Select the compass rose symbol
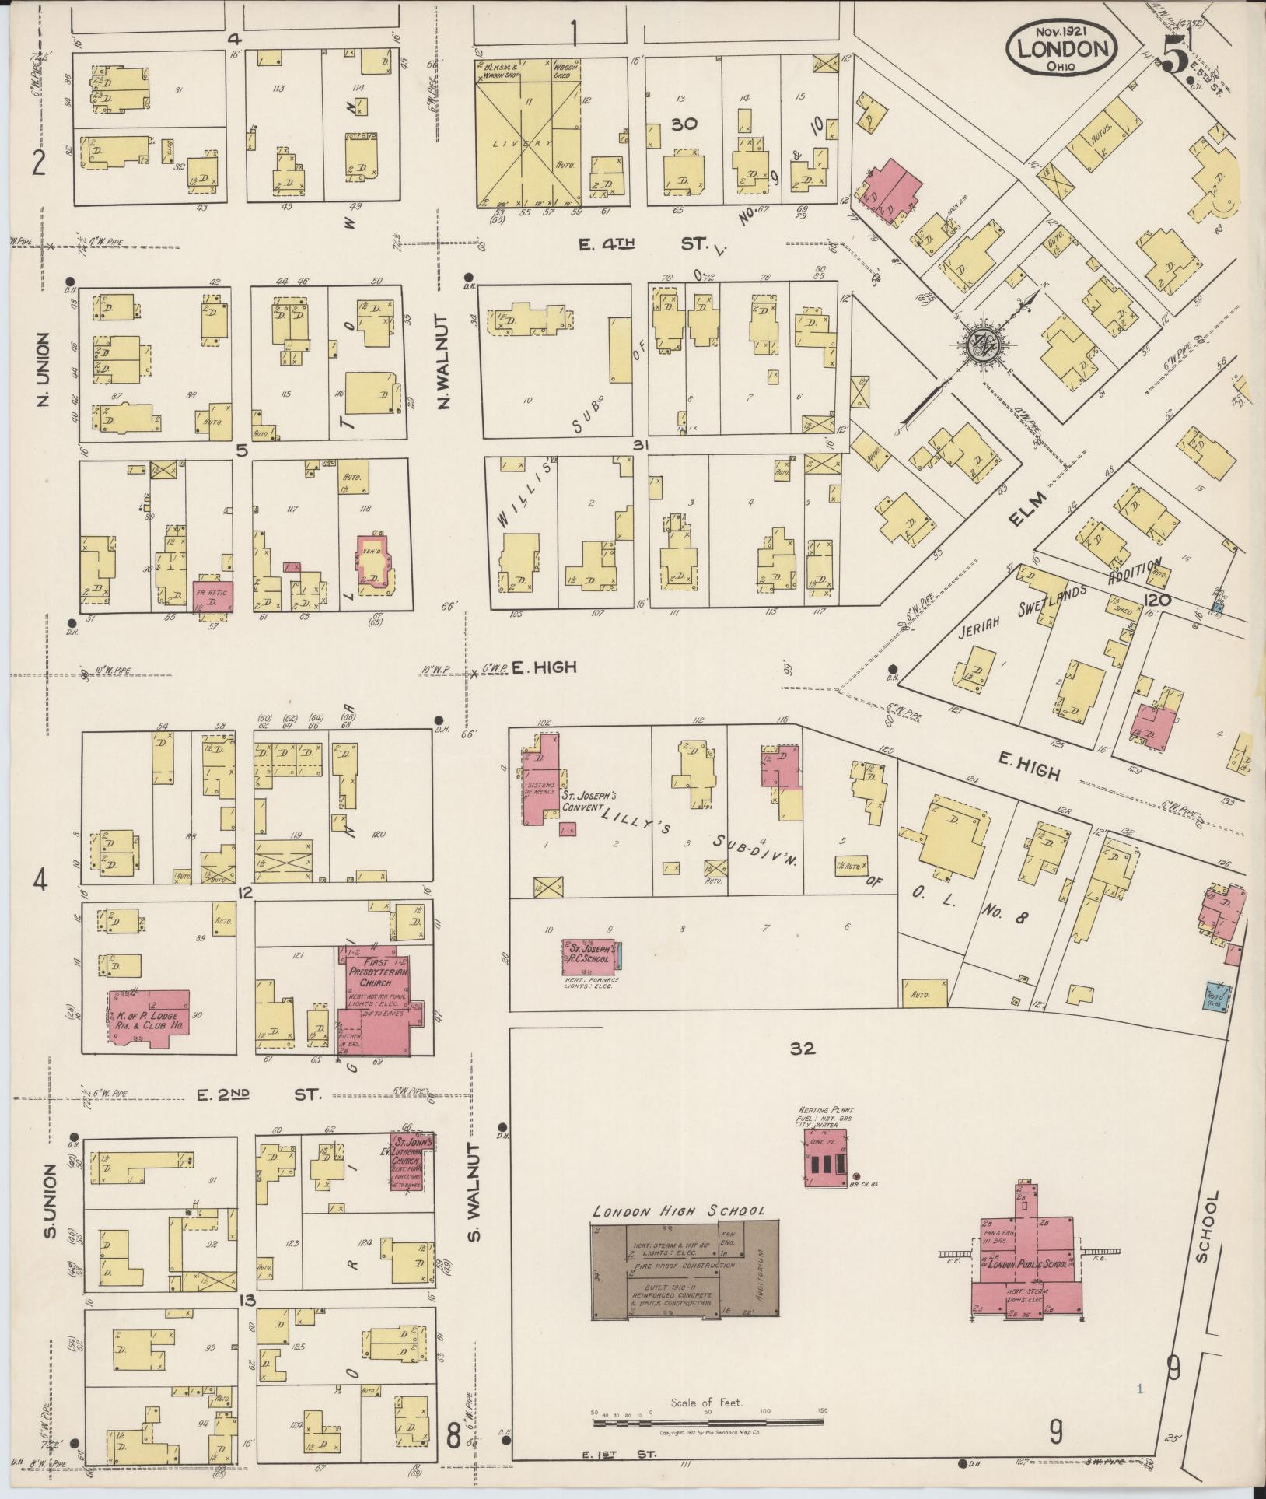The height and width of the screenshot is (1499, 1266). (x=981, y=343)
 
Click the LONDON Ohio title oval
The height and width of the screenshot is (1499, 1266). (x=1061, y=49)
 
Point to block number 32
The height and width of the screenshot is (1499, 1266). (x=802, y=1049)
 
